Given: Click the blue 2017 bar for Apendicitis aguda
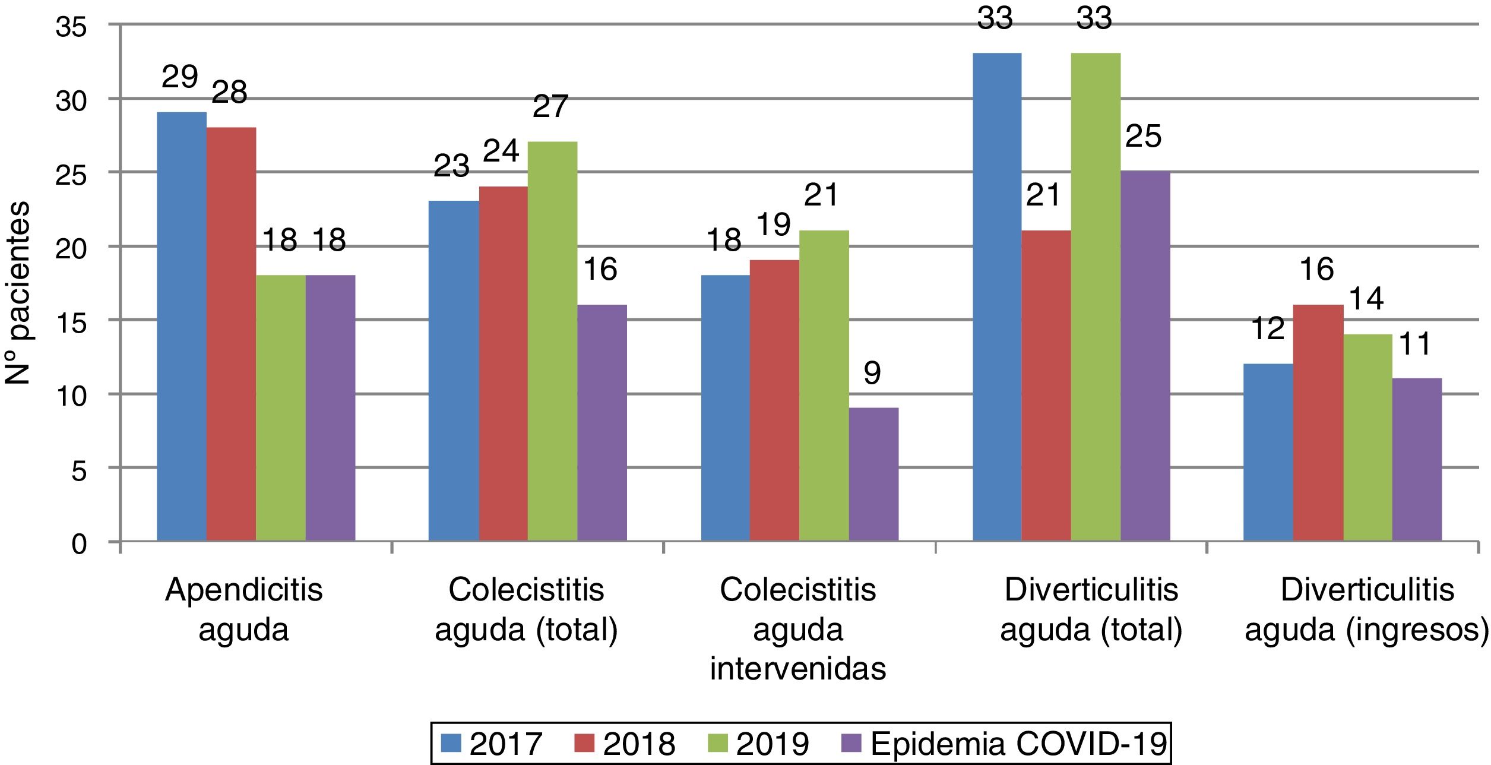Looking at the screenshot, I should click(181, 327).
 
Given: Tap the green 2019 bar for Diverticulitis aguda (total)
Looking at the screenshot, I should click(1096, 297).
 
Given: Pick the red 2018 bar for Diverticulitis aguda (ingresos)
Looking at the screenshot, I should click(1318, 423).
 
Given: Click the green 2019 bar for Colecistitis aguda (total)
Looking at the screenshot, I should click(552, 342).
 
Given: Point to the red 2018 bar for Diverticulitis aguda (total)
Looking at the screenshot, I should click(1046, 386).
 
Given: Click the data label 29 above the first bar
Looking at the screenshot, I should click(180, 78).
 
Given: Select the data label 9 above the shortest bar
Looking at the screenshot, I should click(872, 374).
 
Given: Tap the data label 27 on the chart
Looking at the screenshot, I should click(550, 108).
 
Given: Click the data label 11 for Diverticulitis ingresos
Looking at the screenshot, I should click(1415, 344).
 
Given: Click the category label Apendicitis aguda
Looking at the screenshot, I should click(243, 609).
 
